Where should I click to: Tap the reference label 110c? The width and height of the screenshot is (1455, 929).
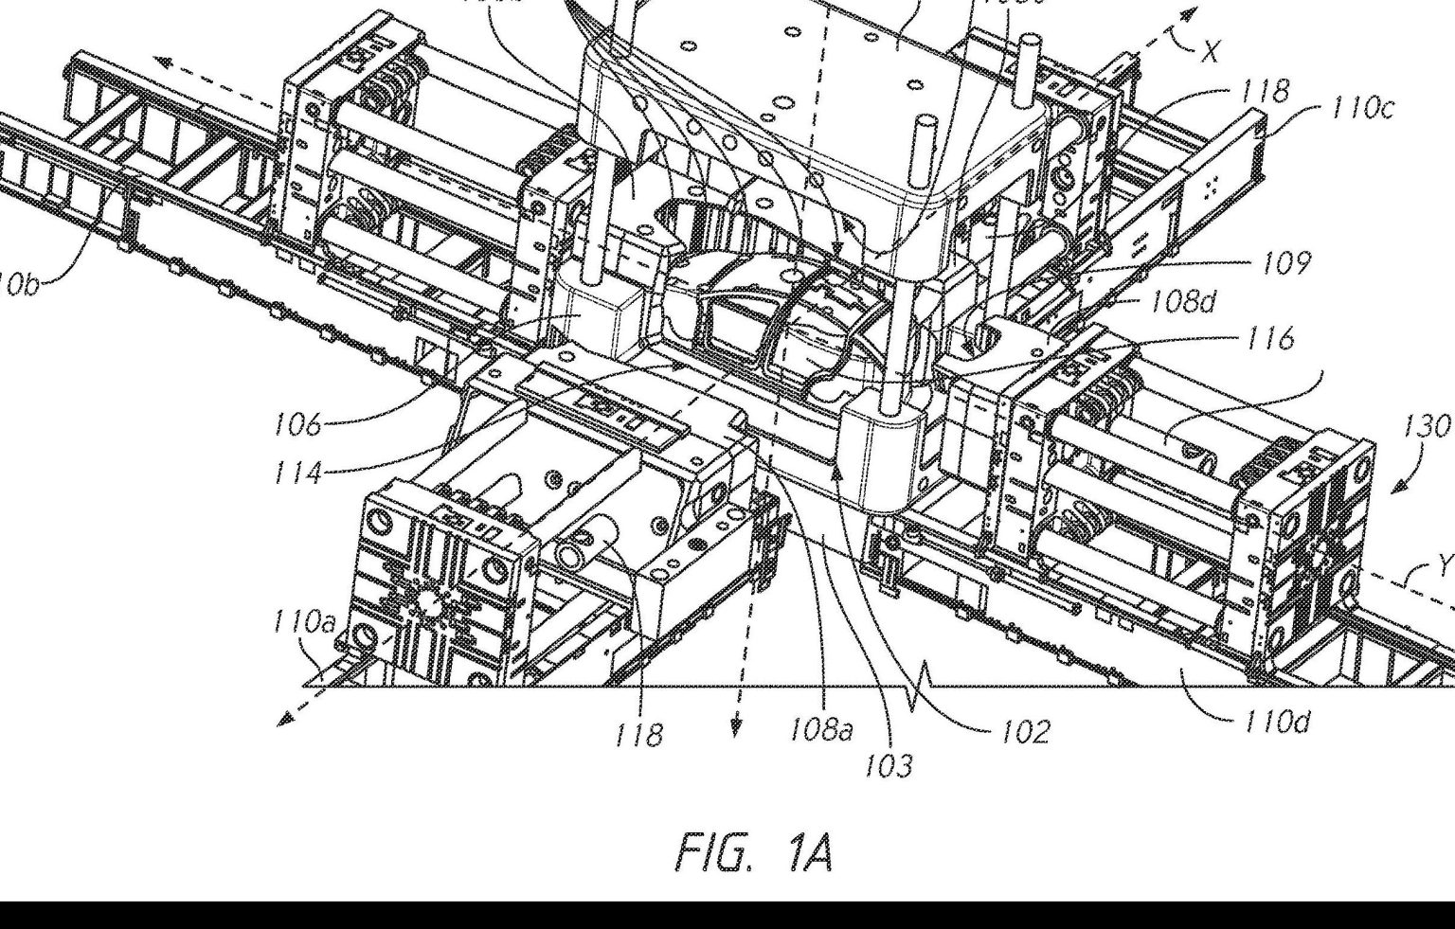pyautogui.click(x=1362, y=108)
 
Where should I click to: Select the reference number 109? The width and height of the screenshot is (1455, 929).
pyautogui.click(x=1285, y=262)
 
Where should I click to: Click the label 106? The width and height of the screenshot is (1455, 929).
pyautogui.click(x=297, y=423)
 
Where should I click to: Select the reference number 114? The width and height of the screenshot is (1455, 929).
pyautogui.click(x=297, y=471)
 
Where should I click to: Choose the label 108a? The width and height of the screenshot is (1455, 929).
pyautogui.click(x=820, y=730)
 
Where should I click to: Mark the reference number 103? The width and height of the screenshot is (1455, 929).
pyautogui.click(x=888, y=764)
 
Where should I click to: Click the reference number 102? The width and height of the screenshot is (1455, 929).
pyautogui.click(x=1025, y=730)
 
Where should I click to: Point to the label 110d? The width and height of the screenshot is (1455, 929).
pyautogui.click(x=1276, y=723)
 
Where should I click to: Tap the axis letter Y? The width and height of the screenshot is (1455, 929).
pyautogui.click(x=1444, y=565)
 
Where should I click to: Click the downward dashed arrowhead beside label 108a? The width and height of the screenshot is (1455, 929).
pyautogui.click(x=736, y=727)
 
